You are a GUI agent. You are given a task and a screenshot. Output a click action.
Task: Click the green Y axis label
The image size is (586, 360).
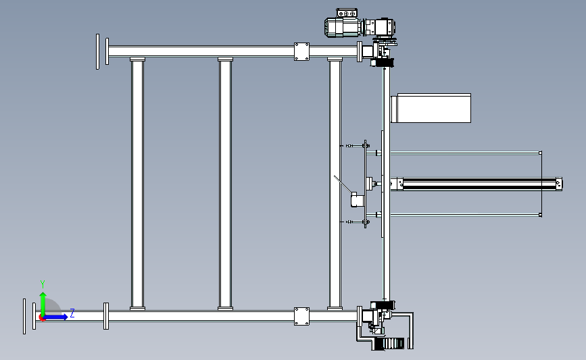click(x=42, y=284)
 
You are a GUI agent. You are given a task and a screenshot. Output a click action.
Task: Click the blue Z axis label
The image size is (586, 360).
click(x=72, y=313)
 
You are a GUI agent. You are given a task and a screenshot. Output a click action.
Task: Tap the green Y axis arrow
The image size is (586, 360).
click(x=43, y=305)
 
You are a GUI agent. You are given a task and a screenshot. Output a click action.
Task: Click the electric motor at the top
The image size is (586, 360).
click(x=342, y=27)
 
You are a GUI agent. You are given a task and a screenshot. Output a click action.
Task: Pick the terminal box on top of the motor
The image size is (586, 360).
click(x=347, y=14)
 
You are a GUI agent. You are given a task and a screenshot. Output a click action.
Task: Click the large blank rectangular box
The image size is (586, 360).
click(x=431, y=108)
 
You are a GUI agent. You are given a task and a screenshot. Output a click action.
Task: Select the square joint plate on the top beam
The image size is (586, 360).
click(x=301, y=51)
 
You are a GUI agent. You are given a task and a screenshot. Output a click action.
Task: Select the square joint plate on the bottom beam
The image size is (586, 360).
click(x=301, y=316)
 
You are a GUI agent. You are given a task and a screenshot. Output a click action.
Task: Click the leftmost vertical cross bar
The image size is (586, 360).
click(x=137, y=184)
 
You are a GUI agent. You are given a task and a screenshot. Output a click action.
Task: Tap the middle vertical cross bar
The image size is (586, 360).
click(x=225, y=184)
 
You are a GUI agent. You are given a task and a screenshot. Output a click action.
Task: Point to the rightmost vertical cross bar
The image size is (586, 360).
click(x=335, y=184)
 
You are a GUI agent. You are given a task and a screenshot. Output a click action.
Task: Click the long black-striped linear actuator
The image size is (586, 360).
click(x=476, y=184)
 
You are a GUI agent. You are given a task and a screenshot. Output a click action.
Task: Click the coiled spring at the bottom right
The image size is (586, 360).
click(x=389, y=344)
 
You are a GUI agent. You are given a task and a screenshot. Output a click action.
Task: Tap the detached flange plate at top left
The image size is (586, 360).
click(x=97, y=51)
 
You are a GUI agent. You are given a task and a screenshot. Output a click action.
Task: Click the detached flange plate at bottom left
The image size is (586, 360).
click(x=24, y=316)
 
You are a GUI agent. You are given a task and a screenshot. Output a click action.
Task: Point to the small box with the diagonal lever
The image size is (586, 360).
click(x=357, y=200)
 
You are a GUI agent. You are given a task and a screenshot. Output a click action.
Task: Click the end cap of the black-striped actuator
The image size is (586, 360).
click(x=559, y=184)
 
